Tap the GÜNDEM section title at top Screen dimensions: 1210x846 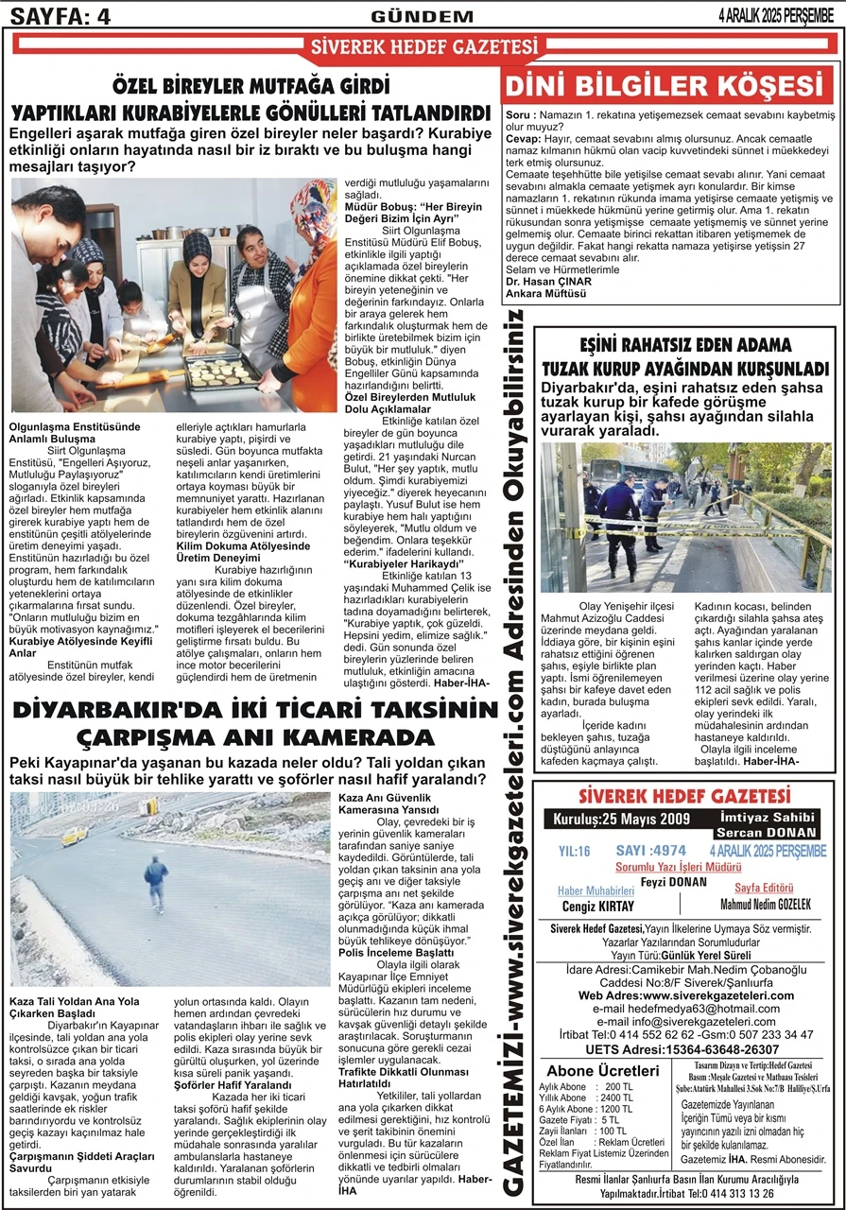tap(423, 16)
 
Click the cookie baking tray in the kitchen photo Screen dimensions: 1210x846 tap(221, 371)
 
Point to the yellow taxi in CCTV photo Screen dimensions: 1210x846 tap(75, 836)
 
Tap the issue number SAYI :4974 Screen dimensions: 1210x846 tap(650, 850)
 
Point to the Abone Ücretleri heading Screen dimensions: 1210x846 tap(603, 1070)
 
